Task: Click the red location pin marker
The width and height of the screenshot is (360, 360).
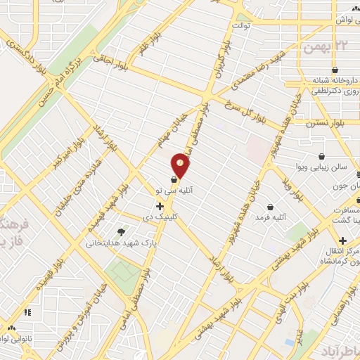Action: tap(181, 166)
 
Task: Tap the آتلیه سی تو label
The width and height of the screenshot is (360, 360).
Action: tap(182, 191)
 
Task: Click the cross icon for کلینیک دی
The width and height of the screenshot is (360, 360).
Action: tap(160, 206)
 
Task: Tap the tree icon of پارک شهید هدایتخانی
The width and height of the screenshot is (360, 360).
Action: tap(122, 232)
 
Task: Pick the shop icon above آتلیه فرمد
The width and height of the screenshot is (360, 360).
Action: tap(271, 207)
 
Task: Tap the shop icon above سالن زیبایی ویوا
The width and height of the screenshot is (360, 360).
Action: tap(321, 156)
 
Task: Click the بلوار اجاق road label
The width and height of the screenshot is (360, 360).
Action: tap(113, 69)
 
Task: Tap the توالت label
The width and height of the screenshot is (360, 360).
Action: tap(239, 26)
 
